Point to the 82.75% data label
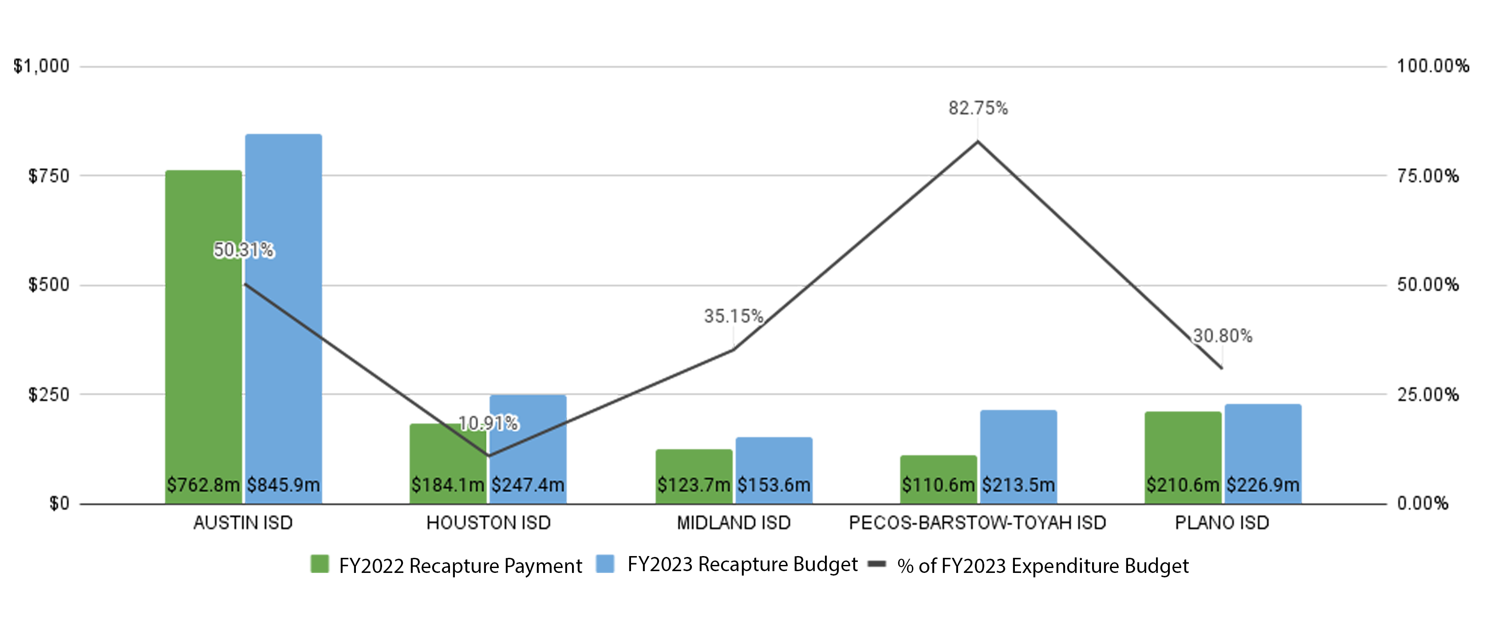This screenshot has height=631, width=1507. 978,108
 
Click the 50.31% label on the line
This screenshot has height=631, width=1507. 243,250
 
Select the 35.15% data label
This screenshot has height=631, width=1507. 734,316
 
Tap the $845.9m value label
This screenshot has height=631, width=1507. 284,485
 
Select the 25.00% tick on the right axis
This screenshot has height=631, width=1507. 1428,395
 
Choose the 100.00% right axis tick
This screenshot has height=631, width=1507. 1433,66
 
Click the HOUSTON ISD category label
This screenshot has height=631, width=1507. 489,522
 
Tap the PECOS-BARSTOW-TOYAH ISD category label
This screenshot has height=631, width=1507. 978,522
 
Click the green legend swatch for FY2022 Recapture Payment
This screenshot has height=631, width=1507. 320,564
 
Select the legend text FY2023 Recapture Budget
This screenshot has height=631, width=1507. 742,564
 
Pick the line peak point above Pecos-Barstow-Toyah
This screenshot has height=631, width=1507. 978,141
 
